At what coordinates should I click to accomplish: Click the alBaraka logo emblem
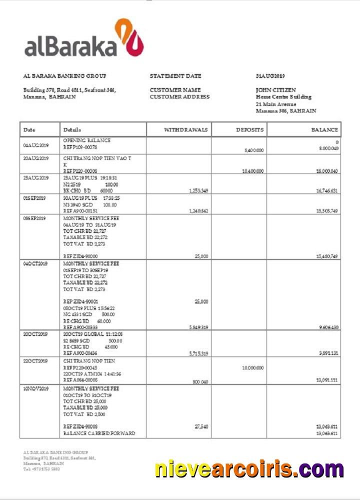(x=130, y=37)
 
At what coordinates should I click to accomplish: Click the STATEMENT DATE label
(x=175, y=76)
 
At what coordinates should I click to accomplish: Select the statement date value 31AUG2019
(x=270, y=76)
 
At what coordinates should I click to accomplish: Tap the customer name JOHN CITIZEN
(x=276, y=90)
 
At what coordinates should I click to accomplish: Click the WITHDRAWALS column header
(x=185, y=130)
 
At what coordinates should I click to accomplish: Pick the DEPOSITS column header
(x=249, y=130)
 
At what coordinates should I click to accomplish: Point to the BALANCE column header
(x=324, y=130)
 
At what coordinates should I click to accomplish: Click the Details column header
(x=72, y=130)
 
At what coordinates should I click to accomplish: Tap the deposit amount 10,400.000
(x=252, y=171)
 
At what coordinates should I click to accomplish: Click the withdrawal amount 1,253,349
(x=198, y=190)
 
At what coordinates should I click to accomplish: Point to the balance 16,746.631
(x=327, y=190)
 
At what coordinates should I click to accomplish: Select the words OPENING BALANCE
(x=87, y=140)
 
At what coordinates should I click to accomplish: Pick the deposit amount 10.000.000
(x=252, y=367)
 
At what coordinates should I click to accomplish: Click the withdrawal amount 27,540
(x=201, y=426)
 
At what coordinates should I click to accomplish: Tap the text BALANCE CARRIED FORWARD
(x=99, y=433)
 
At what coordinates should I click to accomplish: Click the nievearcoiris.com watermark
(x=249, y=469)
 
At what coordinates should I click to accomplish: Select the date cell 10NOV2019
(x=35, y=388)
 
